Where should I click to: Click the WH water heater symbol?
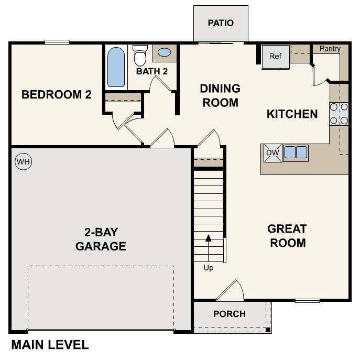pos(23,161)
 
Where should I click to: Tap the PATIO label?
pos(220,23)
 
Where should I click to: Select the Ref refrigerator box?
pos(276,57)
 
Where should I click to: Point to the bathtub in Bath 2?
pos(116,67)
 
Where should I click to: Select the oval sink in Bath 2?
pos(165,53)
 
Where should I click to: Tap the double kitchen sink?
pos(296,152)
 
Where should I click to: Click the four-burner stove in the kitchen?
pos(339,114)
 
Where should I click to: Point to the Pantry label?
pos(330,49)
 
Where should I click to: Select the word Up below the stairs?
pos(209,268)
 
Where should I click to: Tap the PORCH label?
pos(230,314)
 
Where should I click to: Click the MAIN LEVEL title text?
pos(50,345)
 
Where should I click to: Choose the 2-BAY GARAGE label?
pos(101,238)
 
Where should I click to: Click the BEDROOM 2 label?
pos(57,95)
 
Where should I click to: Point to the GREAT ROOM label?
pos(287,236)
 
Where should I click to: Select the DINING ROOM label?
pos(220,95)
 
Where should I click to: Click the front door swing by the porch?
pos(231,291)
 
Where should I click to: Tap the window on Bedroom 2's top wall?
pos(57,42)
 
